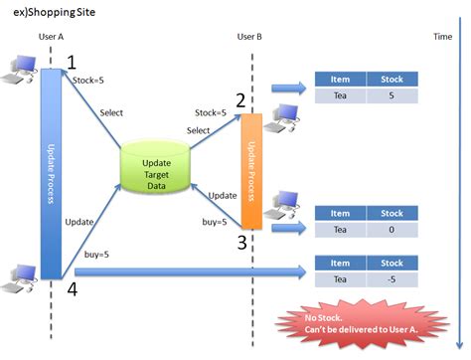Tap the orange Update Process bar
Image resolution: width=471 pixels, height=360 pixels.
tap(251, 170)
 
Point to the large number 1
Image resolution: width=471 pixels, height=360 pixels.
tap(72, 63)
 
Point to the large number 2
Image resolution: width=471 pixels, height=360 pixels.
tap(240, 100)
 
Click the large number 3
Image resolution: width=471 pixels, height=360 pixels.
tap(240, 242)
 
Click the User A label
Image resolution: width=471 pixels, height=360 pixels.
tap(52, 37)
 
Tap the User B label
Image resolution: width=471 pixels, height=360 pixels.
tap(250, 37)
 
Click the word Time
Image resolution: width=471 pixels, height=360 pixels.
tap(443, 37)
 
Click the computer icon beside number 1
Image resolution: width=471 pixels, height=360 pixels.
tap(21, 67)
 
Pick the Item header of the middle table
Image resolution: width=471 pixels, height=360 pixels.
tap(340, 213)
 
